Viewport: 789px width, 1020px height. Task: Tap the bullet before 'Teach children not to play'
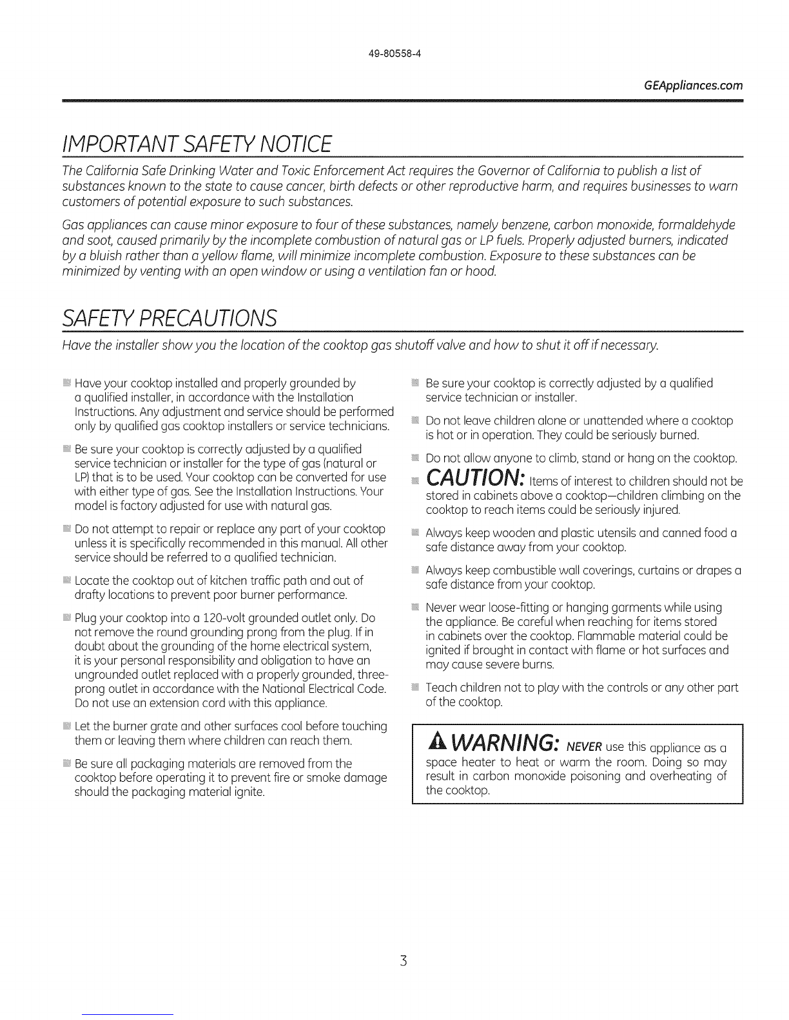pos(415,688)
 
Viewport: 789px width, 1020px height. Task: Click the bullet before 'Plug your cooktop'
pos(66,619)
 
